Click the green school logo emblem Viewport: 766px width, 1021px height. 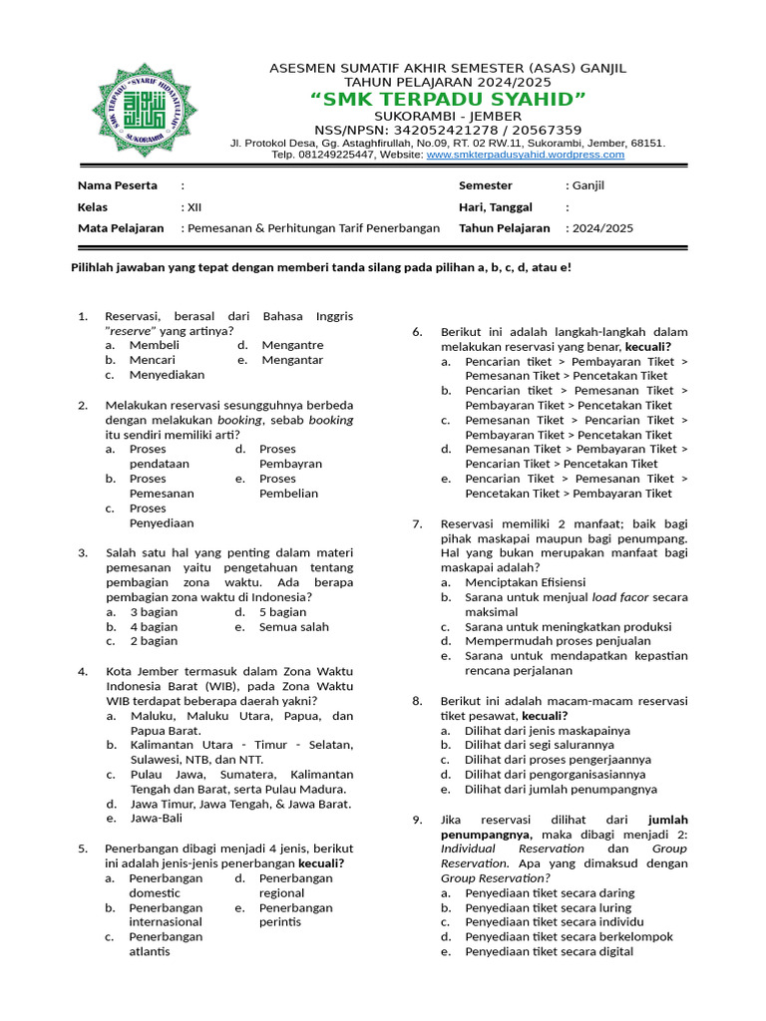(x=146, y=110)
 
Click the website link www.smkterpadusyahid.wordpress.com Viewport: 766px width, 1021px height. (x=525, y=155)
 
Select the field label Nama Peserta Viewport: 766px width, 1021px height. (x=118, y=185)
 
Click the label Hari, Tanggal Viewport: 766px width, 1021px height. (x=495, y=207)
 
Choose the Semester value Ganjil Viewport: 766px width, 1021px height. (x=588, y=185)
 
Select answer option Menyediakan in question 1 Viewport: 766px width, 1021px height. (x=167, y=375)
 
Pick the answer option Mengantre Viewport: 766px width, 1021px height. (x=292, y=345)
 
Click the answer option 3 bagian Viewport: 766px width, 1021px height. (x=154, y=612)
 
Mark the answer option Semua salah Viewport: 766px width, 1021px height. (x=293, y=627)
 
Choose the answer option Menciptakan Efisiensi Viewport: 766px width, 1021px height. (x=525, y=582)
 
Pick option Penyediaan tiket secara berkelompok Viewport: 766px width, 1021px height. (x=569, y=937)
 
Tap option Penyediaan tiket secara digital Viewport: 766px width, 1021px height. (x=549, y=952)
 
